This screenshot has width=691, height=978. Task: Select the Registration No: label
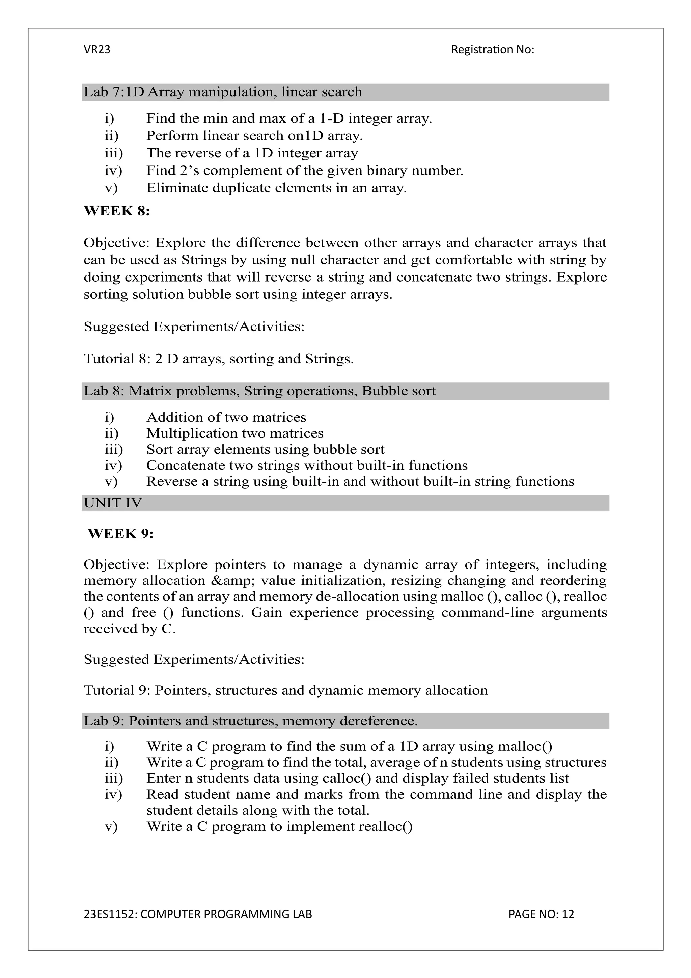pyautogui.click(x=492, y=50)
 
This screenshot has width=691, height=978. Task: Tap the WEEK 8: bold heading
pyautogui.click(x=117, y=211)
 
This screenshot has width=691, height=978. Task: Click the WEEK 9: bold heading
pyautogui.click(x=120, y=534)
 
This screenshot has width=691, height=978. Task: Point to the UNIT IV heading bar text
pyautogui.click(x=112, y=503)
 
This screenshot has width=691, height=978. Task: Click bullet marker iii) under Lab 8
pyautogui.click(x=113, y=449)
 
